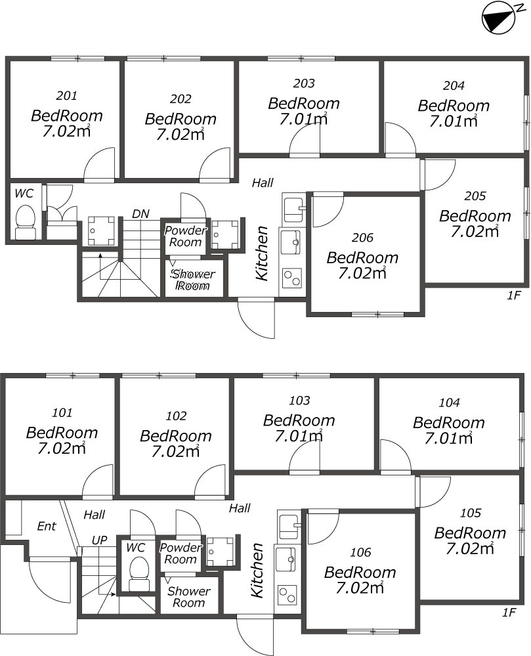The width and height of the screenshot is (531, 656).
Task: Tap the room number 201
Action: (66, 96)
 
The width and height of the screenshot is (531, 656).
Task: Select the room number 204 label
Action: (454, 86)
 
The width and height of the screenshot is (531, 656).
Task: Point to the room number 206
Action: (362, 238)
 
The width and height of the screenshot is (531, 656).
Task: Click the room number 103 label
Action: (299, 401)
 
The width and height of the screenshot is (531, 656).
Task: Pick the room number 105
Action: (471, 513)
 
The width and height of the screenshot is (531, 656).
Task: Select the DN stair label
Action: (140, 214)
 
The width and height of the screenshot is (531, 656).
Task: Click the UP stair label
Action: (100, 540)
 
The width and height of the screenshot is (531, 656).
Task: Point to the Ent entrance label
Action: (47, 526)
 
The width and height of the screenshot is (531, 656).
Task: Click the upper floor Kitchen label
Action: (262, 253)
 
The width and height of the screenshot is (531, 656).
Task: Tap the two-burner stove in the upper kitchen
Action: (292, 278)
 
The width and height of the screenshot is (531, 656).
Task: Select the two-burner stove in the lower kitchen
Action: (287, 595)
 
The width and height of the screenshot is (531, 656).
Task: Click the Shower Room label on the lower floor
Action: (188, 597)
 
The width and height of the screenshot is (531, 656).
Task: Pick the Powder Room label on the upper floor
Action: (185, 236)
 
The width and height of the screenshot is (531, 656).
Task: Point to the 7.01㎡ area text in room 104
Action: (448, 439)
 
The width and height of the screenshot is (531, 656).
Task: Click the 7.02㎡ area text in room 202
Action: (181, 135)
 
